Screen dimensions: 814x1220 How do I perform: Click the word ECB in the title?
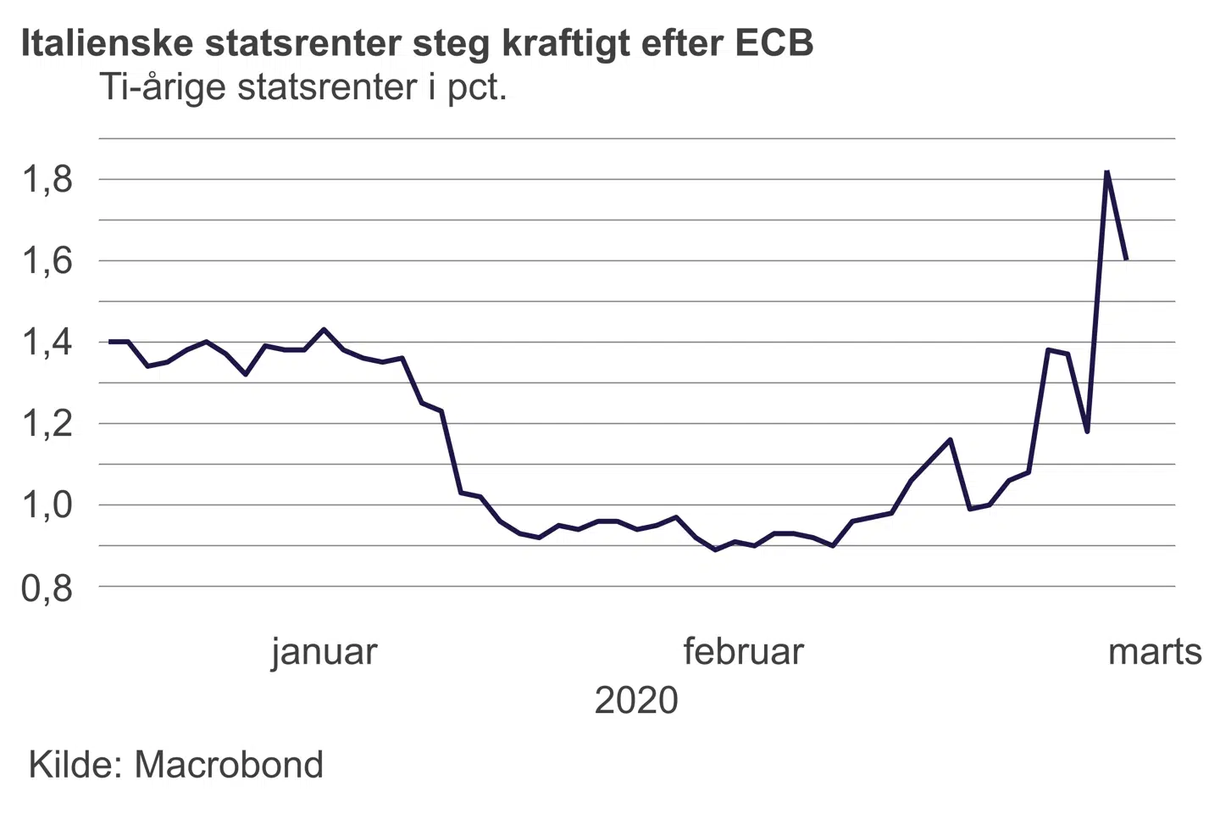pos(774,42)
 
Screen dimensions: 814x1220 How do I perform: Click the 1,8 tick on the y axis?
pos(47,180)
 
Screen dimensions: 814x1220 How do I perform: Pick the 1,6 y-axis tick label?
pos(47,261)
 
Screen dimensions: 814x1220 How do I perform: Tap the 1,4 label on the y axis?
pos(47,343)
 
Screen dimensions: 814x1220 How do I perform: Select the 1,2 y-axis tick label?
pos(47,424)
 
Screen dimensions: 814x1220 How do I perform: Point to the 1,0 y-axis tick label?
pos(47,505)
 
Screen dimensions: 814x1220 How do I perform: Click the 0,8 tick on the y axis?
pos(47,587)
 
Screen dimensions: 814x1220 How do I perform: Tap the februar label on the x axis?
pos(743,652)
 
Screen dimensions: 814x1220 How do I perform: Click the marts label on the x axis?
pos(1155,652)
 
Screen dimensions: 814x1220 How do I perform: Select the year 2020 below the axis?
pos(636,701)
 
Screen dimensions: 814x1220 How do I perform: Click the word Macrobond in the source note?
pos(229,765)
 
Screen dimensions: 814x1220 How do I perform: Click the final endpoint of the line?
pos(1126,259)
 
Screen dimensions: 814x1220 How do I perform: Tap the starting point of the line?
pos(109,342)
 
